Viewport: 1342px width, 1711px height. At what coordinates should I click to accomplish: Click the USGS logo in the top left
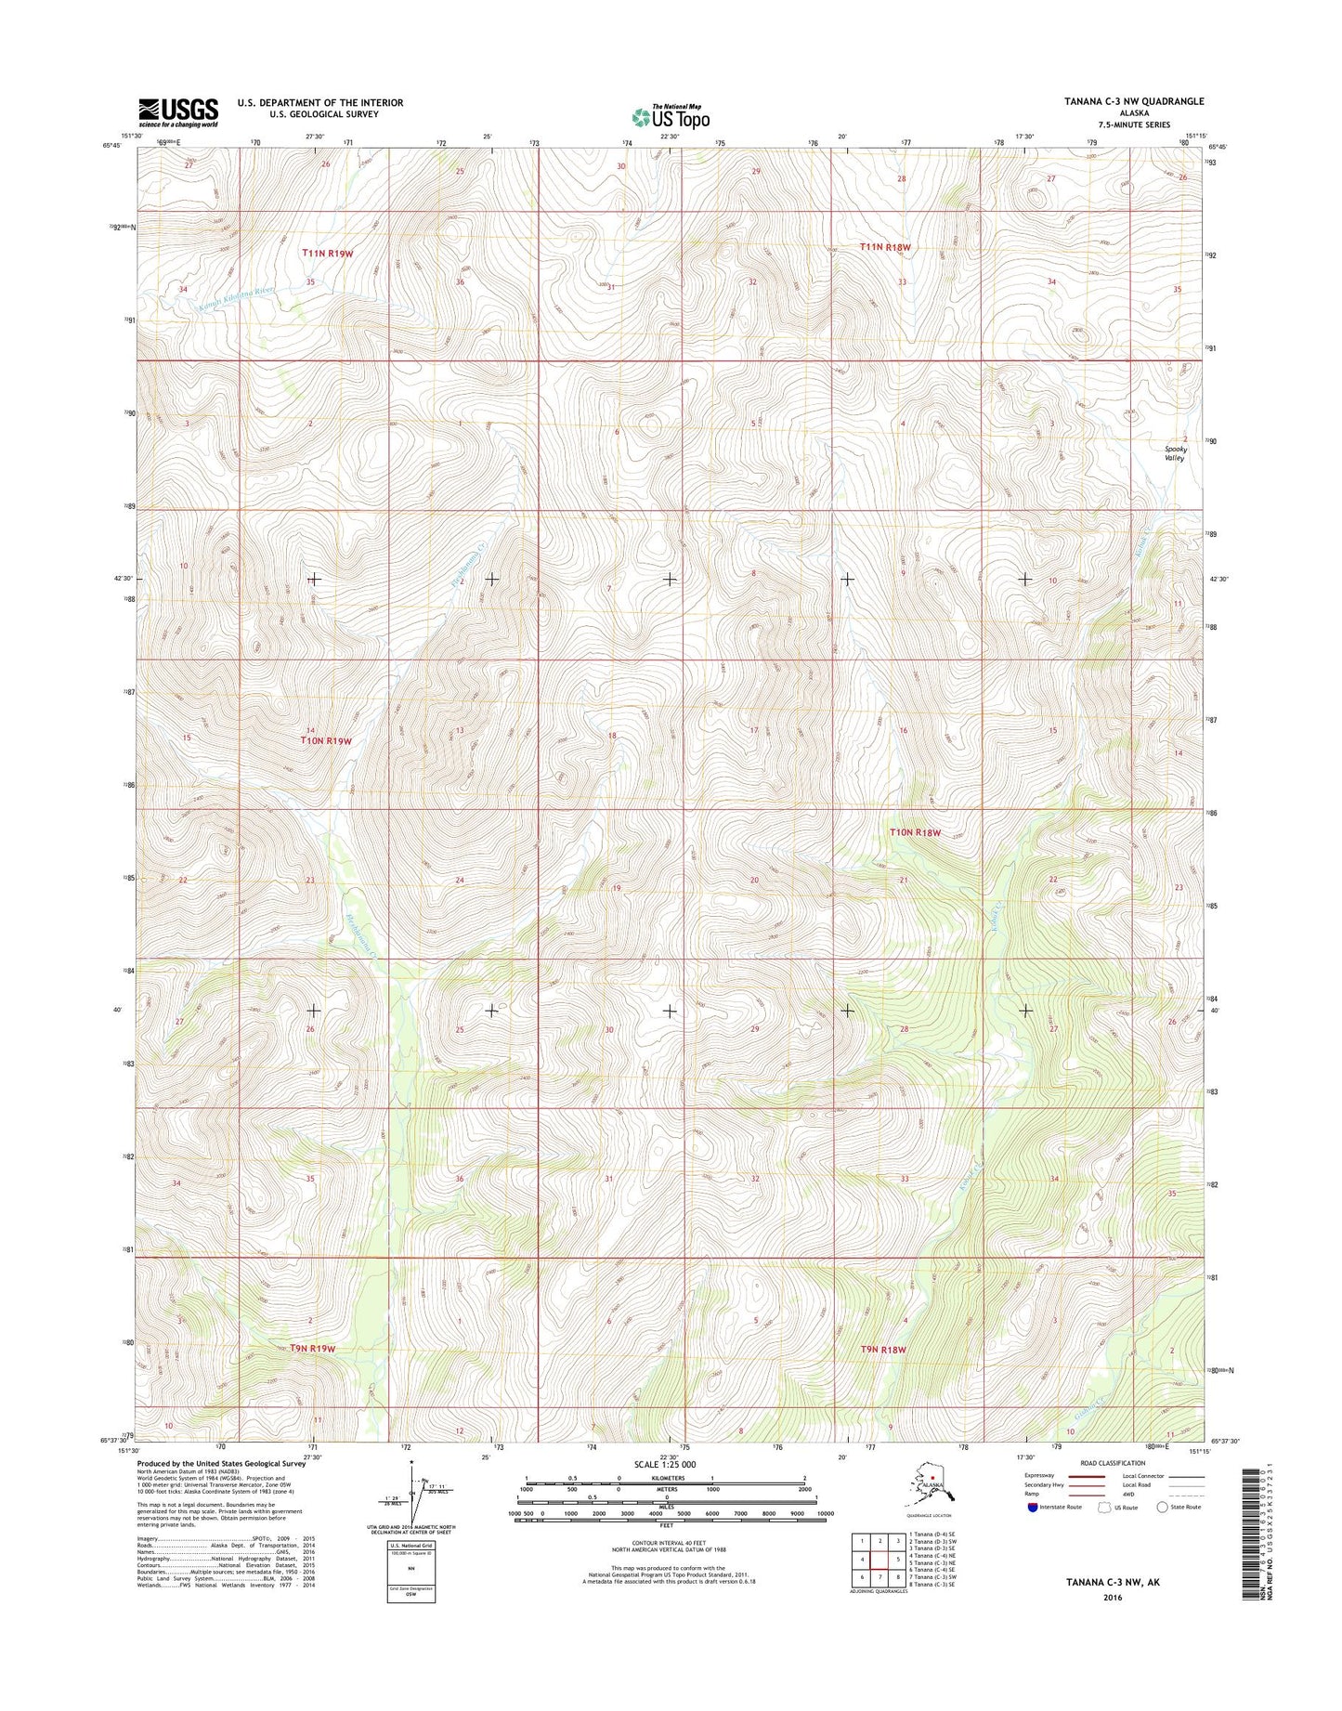[178, 111]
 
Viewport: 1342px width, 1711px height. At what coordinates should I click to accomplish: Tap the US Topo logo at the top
[671, 117]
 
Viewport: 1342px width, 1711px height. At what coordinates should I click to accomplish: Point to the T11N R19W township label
[327, 253]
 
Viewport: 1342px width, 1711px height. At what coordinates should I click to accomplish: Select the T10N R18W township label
[915, 833]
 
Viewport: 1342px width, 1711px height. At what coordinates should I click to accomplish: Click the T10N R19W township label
[325, 740]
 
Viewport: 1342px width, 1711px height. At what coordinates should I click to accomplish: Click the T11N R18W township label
[884, 247]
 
